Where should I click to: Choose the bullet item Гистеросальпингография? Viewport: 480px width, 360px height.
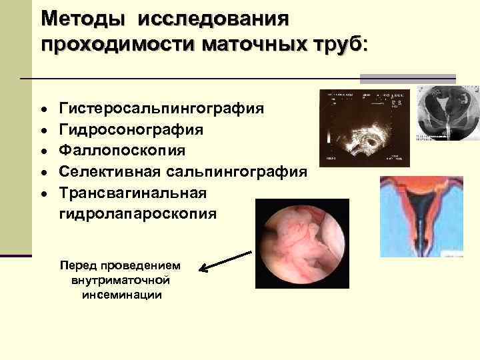pyautogui.click(x=161, y=108)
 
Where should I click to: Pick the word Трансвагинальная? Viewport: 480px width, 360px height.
pyautogui.click(x=133, y=192)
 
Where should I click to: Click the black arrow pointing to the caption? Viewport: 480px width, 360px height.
pyautogui.click(x=225, y=262)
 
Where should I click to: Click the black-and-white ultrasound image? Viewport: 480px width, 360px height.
pyautogui.click(x=363, y=128)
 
